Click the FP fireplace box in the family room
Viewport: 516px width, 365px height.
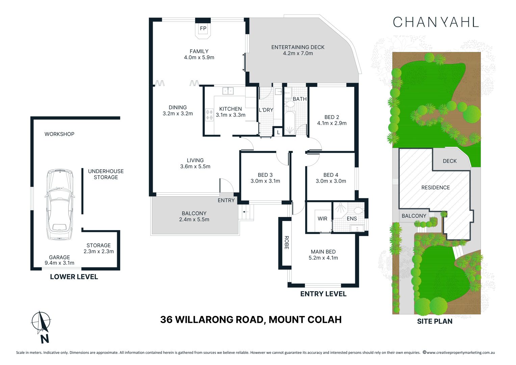(x=203, y=29)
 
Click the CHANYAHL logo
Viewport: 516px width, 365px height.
(x=436, y=22)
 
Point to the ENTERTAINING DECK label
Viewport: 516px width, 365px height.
(x=298, y=47)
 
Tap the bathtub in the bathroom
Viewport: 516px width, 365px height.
(x=289, y=124)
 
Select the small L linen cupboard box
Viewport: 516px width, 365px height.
(x=278, y=132)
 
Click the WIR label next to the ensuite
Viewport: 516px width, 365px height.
(x=322, y=219)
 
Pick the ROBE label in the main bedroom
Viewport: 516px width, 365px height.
(x=286, y=242)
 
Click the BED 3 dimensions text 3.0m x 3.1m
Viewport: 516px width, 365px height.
(x=265, y=181)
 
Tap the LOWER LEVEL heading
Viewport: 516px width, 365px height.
(x=74, y=277)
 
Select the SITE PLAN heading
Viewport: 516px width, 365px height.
(x=435, y=321)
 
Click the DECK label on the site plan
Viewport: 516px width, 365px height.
(x=449, y=161)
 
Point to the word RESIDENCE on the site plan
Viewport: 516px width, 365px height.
(x=435, y=188)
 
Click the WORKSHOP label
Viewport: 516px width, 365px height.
(x=59, y=134)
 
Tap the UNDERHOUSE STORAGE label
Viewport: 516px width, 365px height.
(x=106, y=174)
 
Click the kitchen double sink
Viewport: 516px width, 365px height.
(x=228, y=91)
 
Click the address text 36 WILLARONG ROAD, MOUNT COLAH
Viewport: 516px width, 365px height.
(x=251, y=319)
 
